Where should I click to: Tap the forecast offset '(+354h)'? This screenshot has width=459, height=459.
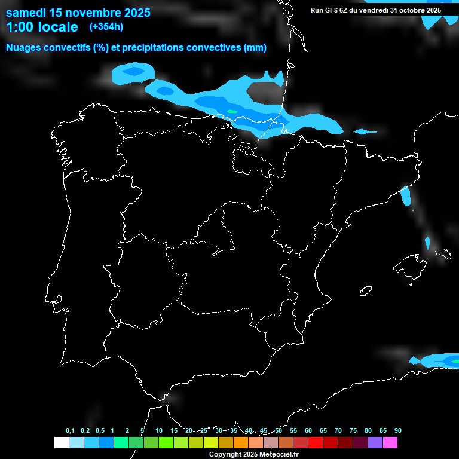(x=106, y=27)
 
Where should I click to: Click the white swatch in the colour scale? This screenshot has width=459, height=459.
(x=61, y=443)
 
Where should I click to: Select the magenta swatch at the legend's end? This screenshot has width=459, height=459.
(x=390, y=443)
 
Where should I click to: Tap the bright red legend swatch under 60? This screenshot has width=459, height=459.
(x=316, y=443)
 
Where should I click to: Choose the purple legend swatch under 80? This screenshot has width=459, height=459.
(x=375, y=443)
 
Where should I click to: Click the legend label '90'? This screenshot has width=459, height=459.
(x=398, y=431)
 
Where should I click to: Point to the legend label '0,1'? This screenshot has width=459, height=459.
(x=70, y=431)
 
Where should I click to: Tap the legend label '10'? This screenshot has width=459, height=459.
(x=159, y=431)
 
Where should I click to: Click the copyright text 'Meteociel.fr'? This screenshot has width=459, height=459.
(x=279, y=455)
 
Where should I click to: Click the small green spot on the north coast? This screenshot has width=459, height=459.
(x=232, y=111)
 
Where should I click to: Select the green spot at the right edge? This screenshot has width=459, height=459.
(x=455, y=361)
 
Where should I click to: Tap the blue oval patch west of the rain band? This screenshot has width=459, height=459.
(x=133, y=73)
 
